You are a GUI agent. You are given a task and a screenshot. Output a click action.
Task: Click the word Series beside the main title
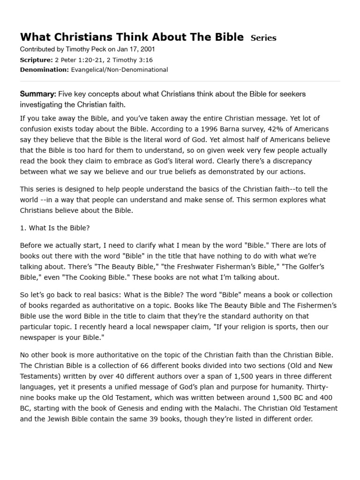(x=263, y=38)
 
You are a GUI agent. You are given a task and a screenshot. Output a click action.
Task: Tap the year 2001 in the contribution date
(x=147, y=49)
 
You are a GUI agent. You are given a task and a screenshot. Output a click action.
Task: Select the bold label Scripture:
(x=36, y=60)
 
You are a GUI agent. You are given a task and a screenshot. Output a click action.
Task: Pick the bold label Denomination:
(x=44, y=70)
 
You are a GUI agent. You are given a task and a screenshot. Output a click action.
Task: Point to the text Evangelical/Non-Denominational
(x=119, y=70)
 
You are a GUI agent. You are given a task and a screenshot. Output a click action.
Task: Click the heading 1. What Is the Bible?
(x=54, y=228)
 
